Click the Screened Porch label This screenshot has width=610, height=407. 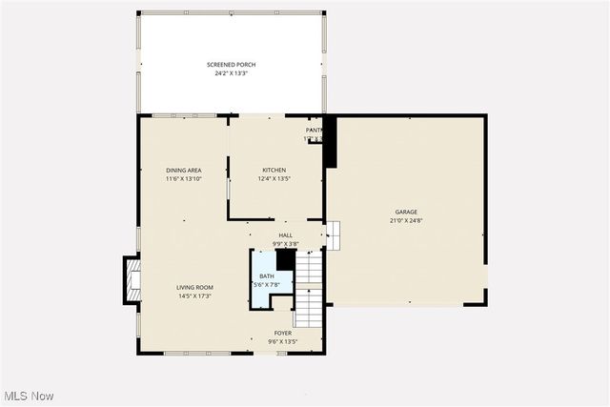232,64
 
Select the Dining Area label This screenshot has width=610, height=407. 183,171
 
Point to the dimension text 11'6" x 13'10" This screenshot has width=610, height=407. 183,178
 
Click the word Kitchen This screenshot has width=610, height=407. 274,171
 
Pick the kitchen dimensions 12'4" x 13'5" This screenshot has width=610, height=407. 274,178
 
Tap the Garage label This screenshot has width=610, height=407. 407,212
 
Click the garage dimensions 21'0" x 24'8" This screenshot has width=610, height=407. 407,220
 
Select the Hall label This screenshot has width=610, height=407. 285,234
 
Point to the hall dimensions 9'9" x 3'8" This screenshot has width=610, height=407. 285,243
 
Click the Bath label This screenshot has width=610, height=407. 266,276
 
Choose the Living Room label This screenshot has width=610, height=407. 193,287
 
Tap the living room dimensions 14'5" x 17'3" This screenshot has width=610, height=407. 193,295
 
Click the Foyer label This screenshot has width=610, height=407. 283,333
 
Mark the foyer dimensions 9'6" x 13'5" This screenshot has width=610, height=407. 283,341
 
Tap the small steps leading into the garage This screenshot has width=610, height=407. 333,234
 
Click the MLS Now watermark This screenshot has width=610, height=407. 28,396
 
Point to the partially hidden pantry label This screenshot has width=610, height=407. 314,130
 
